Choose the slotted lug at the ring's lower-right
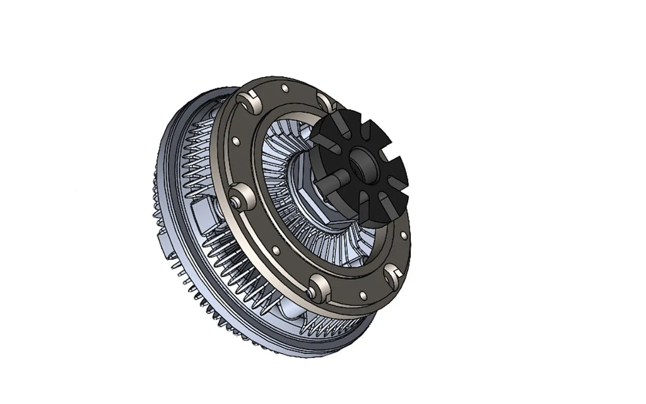pyautogui.click(x=392, y=275)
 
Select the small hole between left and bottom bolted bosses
pyautogui.click(x=276, y=251)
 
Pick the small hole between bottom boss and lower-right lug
pyautogui.click(x=362, y=295)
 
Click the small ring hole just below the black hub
pyautogui.click(x=404, y=235)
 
